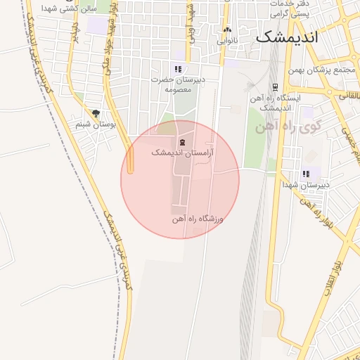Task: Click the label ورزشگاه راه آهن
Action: [198, 219]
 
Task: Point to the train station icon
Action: [272, 98]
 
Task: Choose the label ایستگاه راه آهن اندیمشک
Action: [280, 103]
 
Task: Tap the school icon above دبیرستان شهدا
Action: [306, 173]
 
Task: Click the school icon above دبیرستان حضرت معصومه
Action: [179, 69]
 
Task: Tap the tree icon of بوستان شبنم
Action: [96, 112]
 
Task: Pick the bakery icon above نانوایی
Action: [226, 31]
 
